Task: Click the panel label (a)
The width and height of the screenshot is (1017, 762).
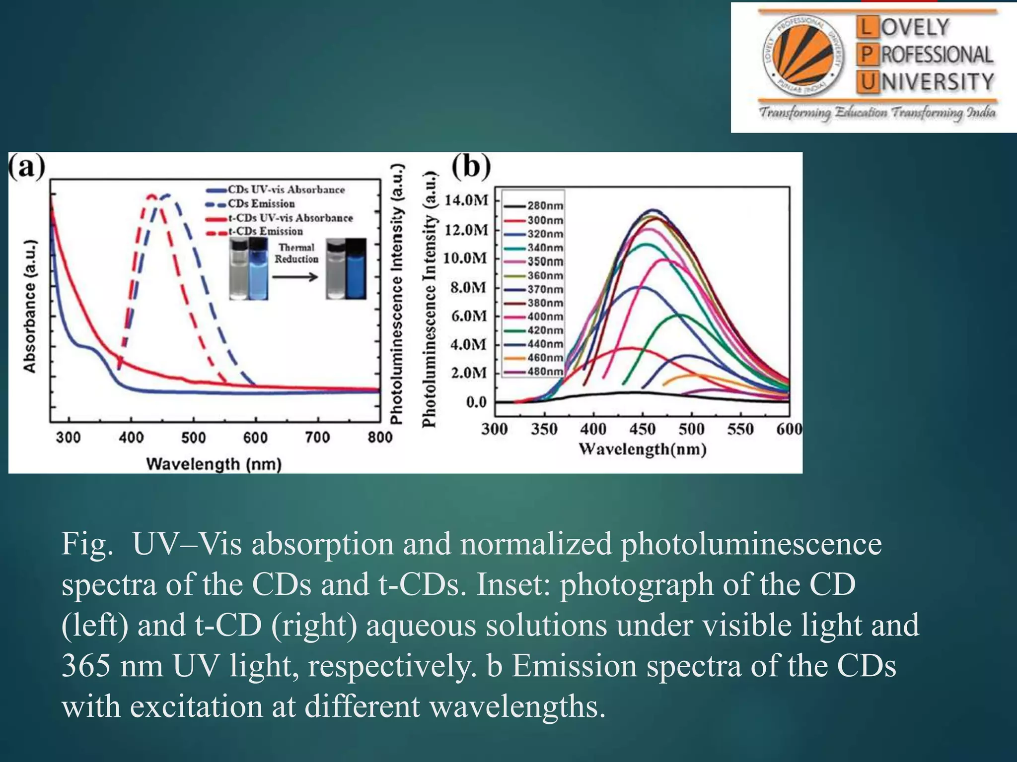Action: click(27, 167)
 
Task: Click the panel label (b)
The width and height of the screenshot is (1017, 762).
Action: click(471, 167)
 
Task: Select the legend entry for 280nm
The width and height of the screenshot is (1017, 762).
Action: click(544, 205)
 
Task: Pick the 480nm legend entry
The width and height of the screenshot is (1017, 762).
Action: click(544, 372)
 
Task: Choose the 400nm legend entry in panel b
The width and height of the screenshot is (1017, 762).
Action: click(544, 317)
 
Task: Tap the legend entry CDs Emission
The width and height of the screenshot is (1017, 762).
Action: click(261, 204)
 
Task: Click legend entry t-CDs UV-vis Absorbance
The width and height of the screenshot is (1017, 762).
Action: click(290, 218)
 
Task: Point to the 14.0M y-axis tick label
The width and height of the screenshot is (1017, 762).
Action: click(466, 200)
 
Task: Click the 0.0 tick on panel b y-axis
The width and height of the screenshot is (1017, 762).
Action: click(476, 402)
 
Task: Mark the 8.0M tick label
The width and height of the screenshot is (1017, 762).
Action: click(468, 288)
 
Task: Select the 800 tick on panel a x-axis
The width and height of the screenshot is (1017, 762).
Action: click(380, 438)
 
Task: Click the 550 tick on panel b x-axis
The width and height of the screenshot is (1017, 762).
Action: click(740, 429)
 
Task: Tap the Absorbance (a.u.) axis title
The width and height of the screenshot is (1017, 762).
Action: click(30, 306)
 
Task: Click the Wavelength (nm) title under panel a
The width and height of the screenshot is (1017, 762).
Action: click(214, 464)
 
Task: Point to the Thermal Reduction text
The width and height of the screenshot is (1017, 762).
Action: click(296, 253)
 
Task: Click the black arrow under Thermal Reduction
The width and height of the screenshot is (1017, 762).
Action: click(295, 277)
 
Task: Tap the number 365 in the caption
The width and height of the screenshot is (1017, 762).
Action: click(86, 666)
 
